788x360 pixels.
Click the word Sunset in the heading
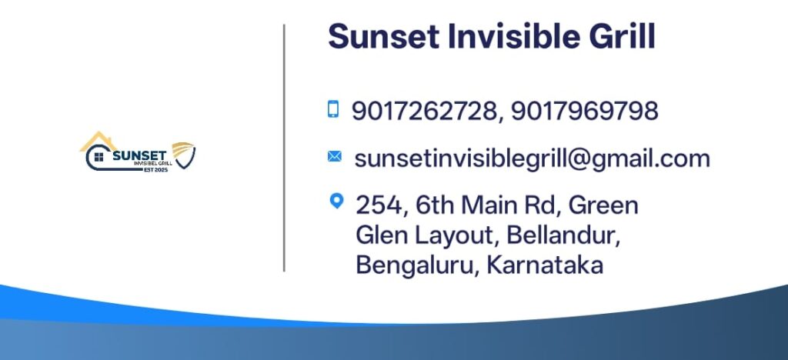(x=384, y=36)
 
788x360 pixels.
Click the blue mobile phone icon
(x=333, y=109)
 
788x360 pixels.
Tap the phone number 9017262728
(x=424, y=111)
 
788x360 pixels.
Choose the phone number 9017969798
(x=585, y=111)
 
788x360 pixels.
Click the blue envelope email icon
(x=334, y=157)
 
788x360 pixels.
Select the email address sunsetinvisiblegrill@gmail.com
(x=533, y=159)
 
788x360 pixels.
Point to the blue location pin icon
(x=336, y=202)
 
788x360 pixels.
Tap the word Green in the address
(x=603, y=205)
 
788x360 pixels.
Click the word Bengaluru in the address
(x=415, y=265)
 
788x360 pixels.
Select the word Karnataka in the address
(x=545, y=265)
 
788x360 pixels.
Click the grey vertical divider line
(x=284, y=148)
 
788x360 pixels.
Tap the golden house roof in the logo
(x=98, y=141)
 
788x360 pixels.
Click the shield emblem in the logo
(x=184, y=155)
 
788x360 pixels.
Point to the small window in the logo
(x=98, y=157)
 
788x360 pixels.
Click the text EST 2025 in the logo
(x=155, y=170)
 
